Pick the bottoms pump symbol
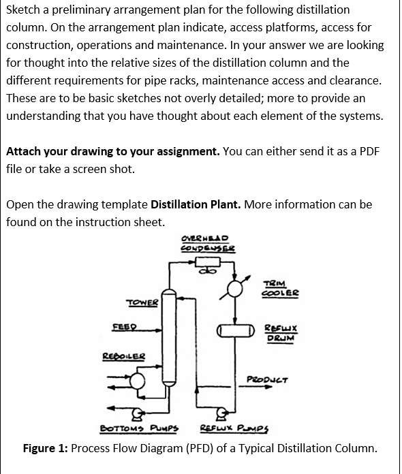point(138,411)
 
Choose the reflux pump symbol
point(220,412)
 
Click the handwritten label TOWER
point(142,302)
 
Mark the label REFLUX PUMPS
point(232,429)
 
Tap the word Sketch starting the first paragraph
point(22,10)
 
